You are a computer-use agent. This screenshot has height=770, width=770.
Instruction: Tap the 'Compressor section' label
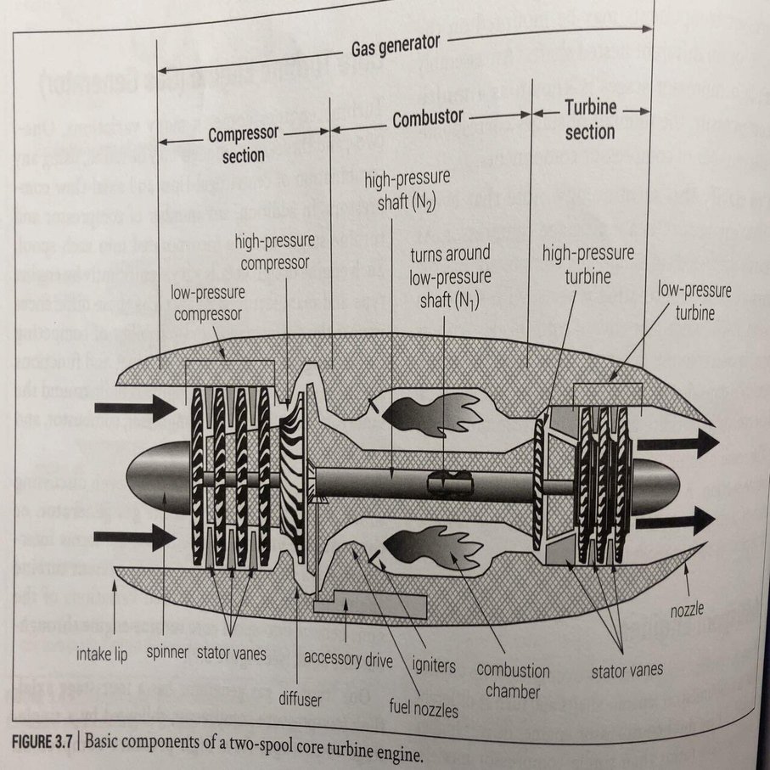[x=244, y=144]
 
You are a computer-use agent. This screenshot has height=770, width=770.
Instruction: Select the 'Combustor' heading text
[x=427, y=120]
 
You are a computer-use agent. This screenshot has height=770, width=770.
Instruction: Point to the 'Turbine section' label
[x=590, y=120]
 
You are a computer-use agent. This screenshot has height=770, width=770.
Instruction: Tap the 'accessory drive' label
[x=347, y=658]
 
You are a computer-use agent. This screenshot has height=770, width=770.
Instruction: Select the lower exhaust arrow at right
[x=676, y=520]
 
